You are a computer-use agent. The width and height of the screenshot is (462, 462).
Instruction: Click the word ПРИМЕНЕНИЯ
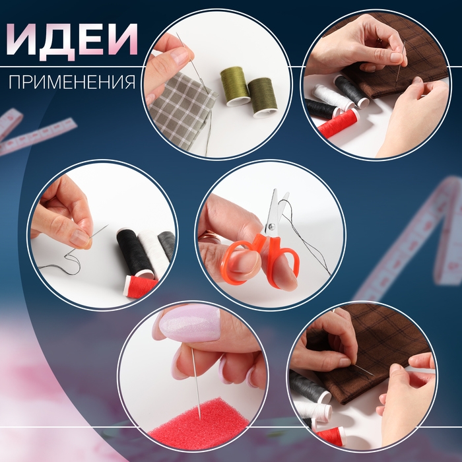point(72,82)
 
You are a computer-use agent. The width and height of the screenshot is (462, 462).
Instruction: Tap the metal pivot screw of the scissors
point(271,226)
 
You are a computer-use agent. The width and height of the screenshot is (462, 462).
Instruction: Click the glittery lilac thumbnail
point(190,323)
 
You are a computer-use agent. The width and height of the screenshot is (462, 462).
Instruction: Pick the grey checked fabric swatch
point(181,110)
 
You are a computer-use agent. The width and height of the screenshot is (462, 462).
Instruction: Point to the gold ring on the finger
point(209,236)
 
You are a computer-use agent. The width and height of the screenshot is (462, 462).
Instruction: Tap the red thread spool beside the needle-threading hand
point(140,286)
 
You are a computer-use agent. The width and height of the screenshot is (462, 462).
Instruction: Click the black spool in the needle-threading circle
point(135,252)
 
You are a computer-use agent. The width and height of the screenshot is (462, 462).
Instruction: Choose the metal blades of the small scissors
point(277,211)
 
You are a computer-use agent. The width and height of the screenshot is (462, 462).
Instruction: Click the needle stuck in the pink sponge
point(196,383)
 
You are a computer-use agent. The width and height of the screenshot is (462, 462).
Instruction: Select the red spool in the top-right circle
point(339,123)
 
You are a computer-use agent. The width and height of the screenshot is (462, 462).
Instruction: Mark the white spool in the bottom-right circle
point(312,410)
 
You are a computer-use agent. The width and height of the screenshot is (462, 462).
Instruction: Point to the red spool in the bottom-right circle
point(331,435)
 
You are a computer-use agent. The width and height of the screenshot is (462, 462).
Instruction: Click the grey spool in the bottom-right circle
point(310,387)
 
